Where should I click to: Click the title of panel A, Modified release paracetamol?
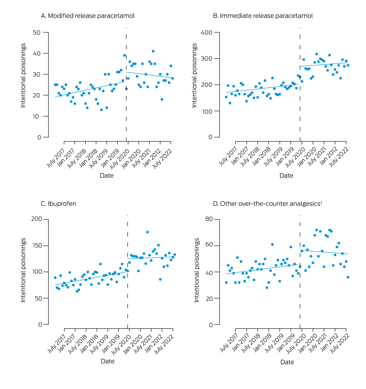[x=88, y=16]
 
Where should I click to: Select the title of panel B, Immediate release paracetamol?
[x=263, y=16]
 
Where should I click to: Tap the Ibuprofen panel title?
[x=59, y=204]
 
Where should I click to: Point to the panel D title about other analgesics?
[x=267, y=204]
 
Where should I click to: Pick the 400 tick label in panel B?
[x=206, y=33]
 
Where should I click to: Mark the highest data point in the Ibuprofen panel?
[x=147, y=232]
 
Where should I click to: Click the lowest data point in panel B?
[x=230, y=103]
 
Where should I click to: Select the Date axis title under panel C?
[x=108, y=361]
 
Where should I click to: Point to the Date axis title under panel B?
[x=286, y=176]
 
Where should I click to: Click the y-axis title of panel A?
[x=23, y=75]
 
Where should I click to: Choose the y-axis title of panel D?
[x=197, y=270]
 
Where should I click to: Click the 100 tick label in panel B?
[x=206, y=111]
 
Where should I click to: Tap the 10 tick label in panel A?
[x=37, y=116]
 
